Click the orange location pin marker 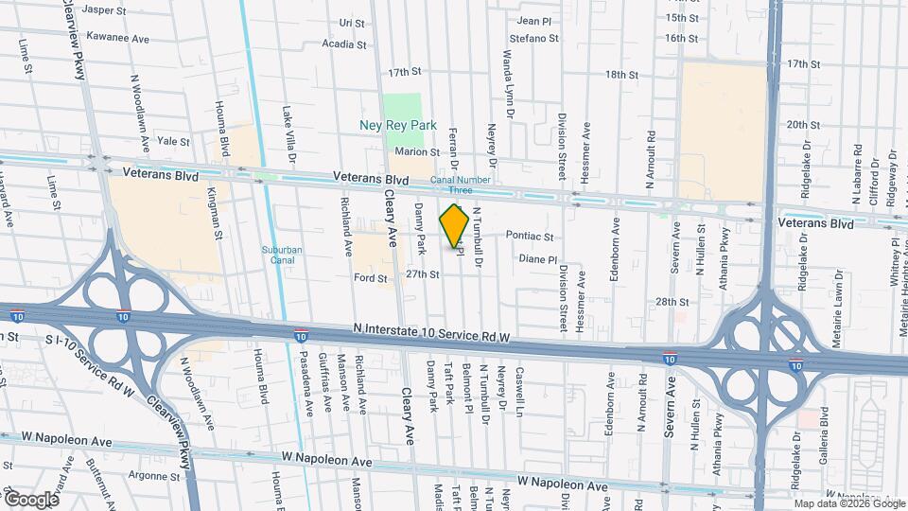click(x=455, y=225)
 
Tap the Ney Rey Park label click(x=396, y=125)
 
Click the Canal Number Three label click(x=459, y=185)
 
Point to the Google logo click(x=30, y=499)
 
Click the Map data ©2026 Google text click(x=848, y=503)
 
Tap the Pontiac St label click(x=530, y=236)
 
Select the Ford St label click(x=370, y=278)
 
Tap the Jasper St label click(x=104, y=10)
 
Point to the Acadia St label click(x=343, y=44)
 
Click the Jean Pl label click(x=534, y=20)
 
